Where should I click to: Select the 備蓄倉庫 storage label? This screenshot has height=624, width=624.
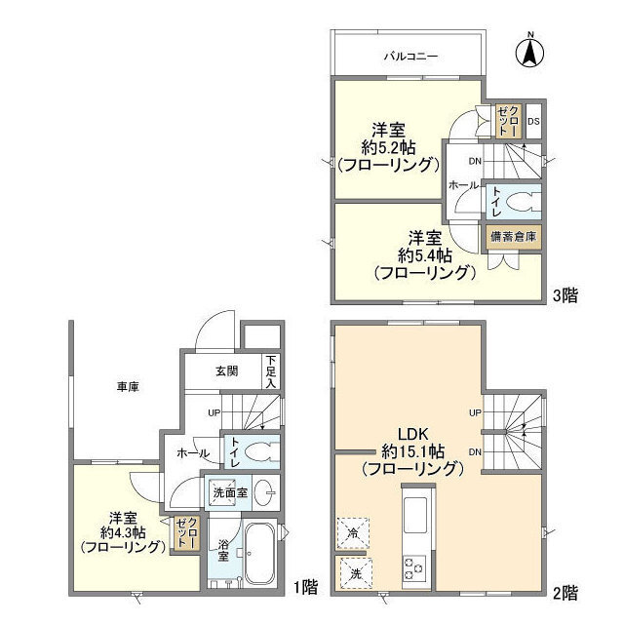click(513, 237)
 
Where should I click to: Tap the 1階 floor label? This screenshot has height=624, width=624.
click(303, 587)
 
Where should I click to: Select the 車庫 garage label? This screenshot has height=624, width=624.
click(128, 388)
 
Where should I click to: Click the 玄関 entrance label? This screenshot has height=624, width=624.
click(226, 370)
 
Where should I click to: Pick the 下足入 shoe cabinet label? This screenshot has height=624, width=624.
click(270, 371)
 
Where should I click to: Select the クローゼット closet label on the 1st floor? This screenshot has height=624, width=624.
click(184, 534)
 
